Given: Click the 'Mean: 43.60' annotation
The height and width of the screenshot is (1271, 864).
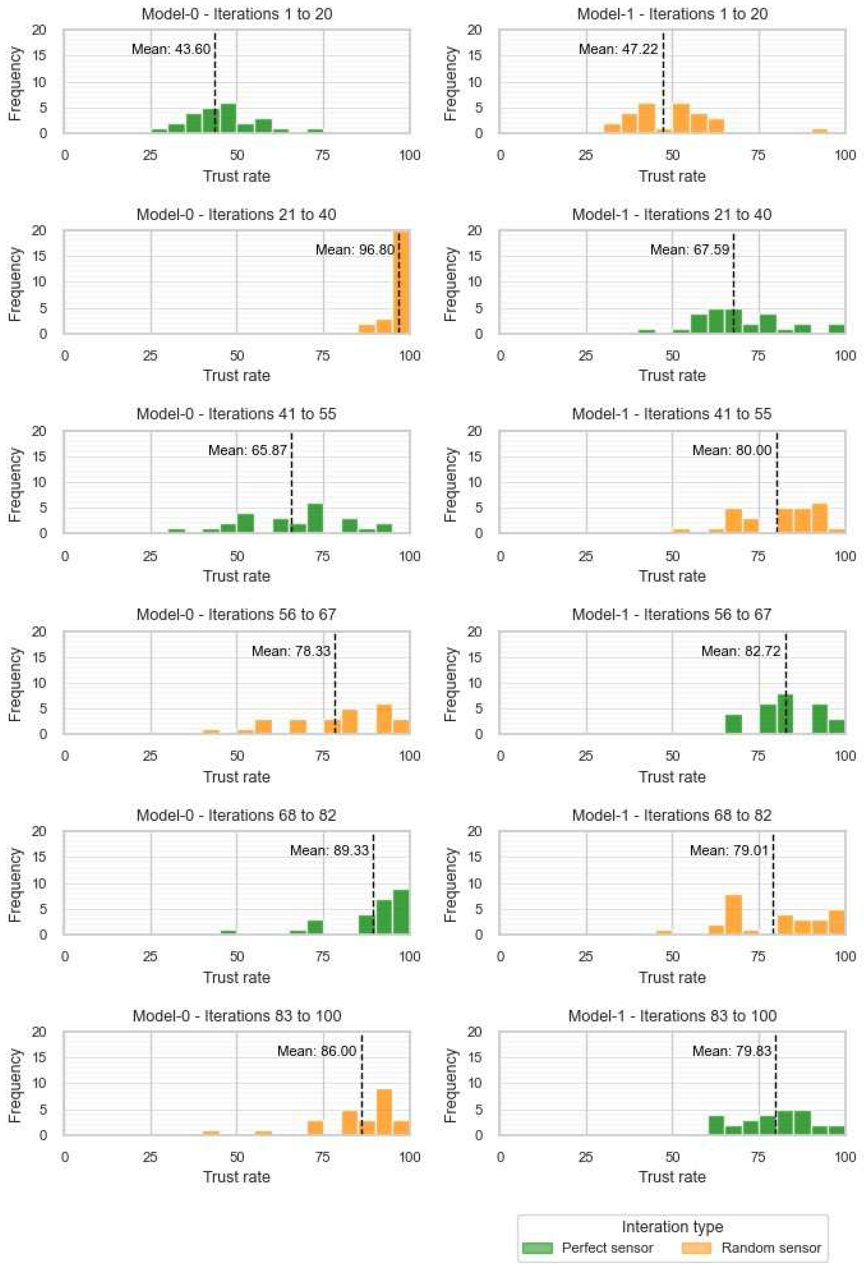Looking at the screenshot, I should coord(171,49).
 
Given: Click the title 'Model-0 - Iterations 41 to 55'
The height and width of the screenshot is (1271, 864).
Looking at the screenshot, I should coord(236,414).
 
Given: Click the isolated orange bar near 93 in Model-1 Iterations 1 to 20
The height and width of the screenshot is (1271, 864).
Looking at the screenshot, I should coord(819,131).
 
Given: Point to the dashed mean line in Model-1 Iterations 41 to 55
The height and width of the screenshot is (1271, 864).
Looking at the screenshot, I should coord(776,492).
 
